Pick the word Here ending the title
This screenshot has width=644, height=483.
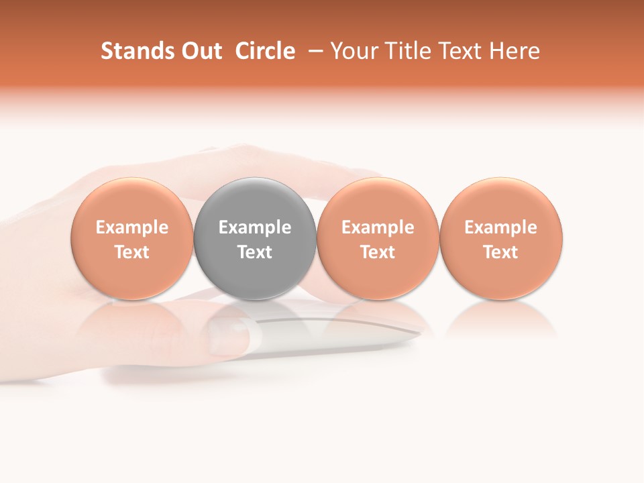click(x=515, y=51)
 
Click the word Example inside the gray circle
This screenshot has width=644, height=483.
click(x=255, y=227)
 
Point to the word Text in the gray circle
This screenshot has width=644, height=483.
click(x=255, y=252)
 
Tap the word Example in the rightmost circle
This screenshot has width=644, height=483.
click(x=501, y=227)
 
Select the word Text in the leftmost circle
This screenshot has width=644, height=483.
click(x=131, y=252)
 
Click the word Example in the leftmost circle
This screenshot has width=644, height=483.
click(x=131, y=227)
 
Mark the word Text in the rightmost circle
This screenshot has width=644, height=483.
click(x=501, y=252)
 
